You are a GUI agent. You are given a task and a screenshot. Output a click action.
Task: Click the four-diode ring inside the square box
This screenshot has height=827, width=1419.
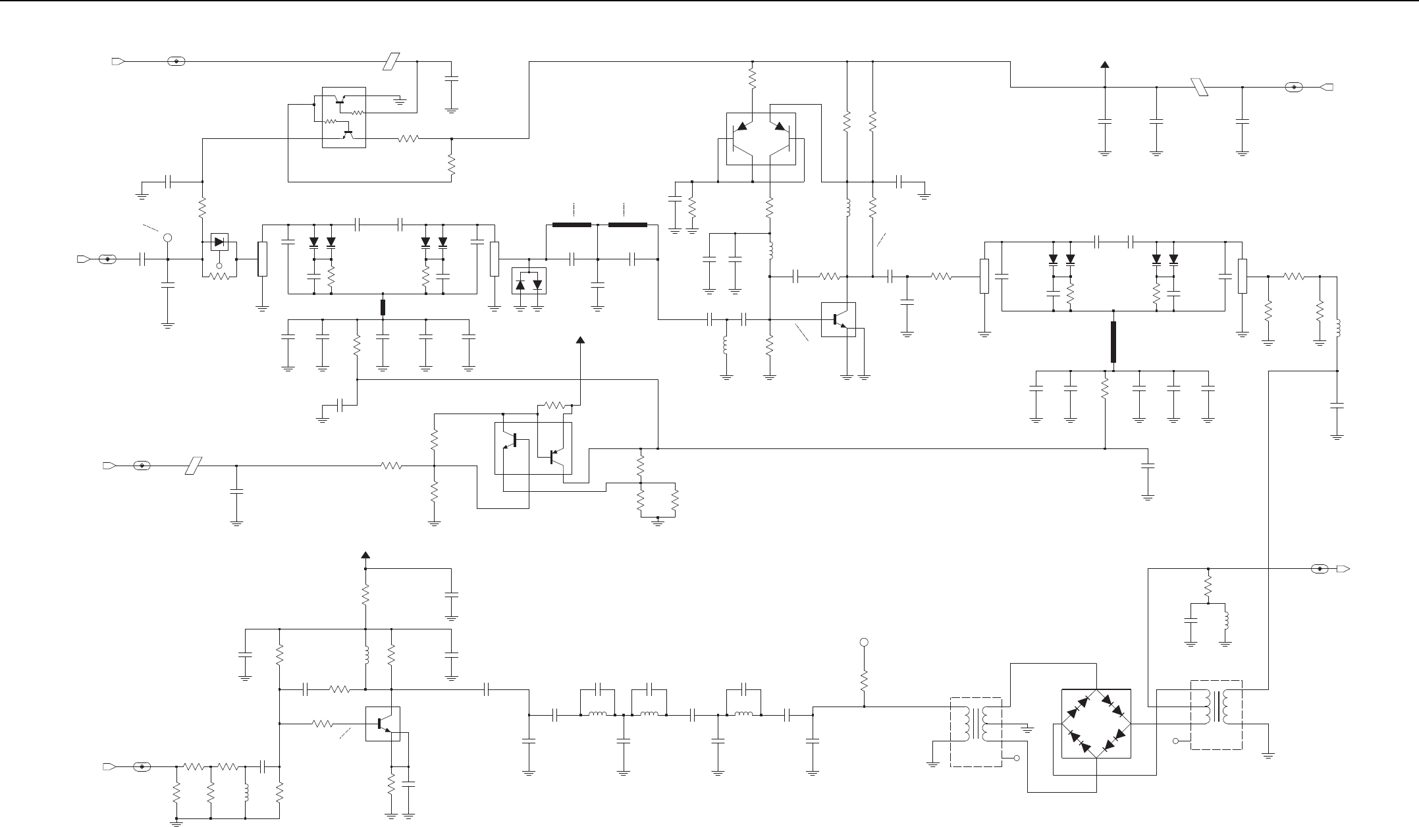pos(1096,723)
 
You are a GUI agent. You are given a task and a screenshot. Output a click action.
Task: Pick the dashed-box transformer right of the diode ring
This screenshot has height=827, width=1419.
pos(1216,714)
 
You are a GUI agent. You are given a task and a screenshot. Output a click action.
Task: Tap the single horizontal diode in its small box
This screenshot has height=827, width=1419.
pos(219,242)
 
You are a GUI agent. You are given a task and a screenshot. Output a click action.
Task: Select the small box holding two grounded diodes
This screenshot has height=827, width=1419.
pos(529,281)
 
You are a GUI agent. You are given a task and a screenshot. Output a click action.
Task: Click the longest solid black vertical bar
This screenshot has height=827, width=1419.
pos(1113,342)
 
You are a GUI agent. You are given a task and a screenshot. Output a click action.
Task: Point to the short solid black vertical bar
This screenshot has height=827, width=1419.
pos(383,307)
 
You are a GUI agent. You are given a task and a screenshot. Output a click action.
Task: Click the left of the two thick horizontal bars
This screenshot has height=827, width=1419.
pos(572,225)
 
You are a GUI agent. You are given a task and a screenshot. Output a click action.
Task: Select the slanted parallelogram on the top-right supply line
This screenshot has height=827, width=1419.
pos(1200,87)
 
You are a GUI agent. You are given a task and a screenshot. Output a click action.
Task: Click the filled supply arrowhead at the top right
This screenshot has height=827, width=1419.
pos(1105,64)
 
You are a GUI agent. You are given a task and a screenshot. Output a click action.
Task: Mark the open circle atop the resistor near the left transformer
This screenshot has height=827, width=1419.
pos(865,642)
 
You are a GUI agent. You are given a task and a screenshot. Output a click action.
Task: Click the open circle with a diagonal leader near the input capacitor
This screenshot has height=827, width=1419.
pos(168,237)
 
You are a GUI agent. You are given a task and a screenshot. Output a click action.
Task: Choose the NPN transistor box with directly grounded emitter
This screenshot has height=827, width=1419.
pos(838,319)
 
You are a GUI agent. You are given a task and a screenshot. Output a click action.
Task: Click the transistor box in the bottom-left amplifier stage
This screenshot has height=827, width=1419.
pos(383,724)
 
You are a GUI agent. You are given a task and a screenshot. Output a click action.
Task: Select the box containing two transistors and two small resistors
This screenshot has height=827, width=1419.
pos(344,117)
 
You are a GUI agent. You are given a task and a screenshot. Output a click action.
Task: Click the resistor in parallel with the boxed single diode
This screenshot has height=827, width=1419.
pos(219,277)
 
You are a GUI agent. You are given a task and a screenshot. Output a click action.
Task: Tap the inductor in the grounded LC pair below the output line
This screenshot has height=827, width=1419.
pos(1225,621)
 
